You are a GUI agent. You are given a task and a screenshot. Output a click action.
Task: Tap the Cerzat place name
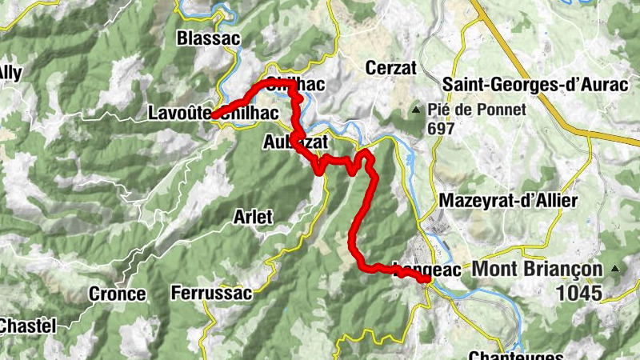coord(391,68)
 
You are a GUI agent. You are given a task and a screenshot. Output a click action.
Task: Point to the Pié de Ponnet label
coord(477,110)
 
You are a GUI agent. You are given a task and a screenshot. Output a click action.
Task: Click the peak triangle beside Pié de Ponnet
coord(415,110)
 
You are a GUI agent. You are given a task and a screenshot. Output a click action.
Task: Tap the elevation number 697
coord(441,128)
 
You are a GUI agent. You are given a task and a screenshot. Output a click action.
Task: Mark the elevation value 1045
coord(580,293)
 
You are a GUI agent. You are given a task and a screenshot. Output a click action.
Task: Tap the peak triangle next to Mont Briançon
coord(614,269)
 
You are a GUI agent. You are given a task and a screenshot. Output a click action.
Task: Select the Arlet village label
coord(253,216)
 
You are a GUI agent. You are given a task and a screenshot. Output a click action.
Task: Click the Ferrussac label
coord(211,293)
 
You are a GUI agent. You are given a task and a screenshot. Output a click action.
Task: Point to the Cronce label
coord(118,294)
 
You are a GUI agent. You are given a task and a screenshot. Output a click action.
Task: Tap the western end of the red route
coord(214,115)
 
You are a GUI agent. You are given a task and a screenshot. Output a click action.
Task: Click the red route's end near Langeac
coord(427,280)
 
